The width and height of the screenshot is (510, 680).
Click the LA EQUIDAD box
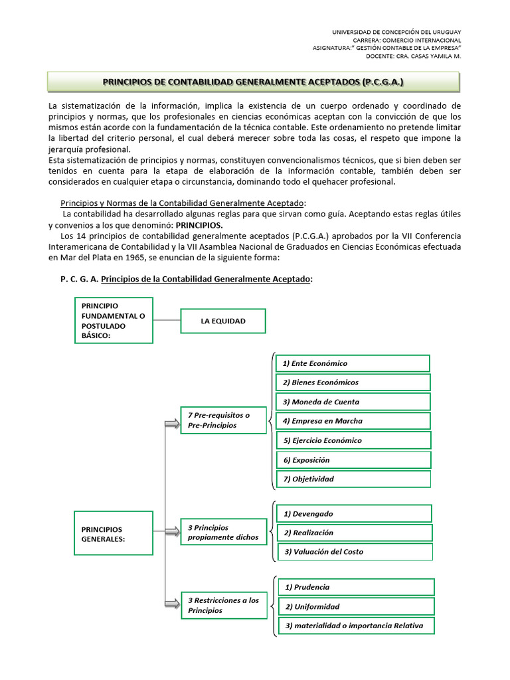(x=223, y=321)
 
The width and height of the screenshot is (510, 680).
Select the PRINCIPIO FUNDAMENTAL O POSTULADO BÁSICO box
(x=114, y=320)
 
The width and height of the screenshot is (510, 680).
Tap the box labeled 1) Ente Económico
(x=353, y=363)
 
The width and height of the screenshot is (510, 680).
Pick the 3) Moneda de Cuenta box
(x=353, y=402)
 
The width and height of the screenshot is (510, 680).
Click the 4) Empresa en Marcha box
(x=353, y=420)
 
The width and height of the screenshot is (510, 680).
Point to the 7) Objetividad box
(x=353, y=479)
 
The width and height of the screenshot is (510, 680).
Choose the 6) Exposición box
(x=353, y=460)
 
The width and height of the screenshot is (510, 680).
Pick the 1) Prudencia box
(x=356, y=587)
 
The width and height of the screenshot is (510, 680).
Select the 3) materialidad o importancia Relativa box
(x=356, y=626)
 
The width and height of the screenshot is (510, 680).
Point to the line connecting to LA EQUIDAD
(x=167, y=321)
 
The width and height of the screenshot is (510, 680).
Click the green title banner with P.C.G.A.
(x=253, y=82)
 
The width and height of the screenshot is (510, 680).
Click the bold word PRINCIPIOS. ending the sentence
(x=199, y=225)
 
